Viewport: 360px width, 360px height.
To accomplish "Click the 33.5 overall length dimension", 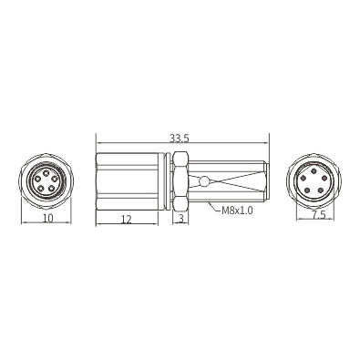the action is pyautogui.click(x=180, y=139).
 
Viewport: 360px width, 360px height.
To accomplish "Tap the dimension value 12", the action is pyautogui.click(x=127, y=219).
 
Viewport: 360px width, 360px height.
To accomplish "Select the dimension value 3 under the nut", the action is pyautogui.click(x=180, y=219).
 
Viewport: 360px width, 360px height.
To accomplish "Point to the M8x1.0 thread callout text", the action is pyautogui.click(x=237, y=211).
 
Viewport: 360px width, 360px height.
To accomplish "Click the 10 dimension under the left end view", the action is pyautogui.click(x=47, y=218).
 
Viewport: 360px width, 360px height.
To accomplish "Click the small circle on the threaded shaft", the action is pyautogui.click(x=204, y=181).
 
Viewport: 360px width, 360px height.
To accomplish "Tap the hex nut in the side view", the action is pyautogui.click(x=180, y=180).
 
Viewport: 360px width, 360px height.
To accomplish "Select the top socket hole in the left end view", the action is pyautogui.click(x=46, y=173).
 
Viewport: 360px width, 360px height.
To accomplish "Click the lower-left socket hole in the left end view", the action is pyautogui.click(x=40, y=188).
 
